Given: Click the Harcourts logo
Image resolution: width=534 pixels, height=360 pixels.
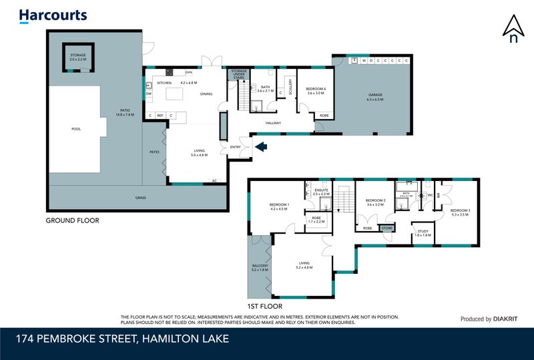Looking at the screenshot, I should point(53,15).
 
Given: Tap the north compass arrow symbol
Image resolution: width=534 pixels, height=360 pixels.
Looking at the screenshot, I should point(513,29).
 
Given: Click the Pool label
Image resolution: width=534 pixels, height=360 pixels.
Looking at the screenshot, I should point(75,129).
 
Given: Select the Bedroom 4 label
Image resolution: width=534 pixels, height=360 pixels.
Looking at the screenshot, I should point(315,91).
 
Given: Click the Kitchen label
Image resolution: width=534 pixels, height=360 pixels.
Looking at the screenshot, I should point(164,82).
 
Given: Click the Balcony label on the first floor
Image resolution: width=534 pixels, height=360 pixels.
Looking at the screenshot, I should point(260,266).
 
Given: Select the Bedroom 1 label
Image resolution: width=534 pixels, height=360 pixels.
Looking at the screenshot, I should point(278,206).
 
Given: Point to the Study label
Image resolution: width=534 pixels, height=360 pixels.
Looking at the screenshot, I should point(423,232).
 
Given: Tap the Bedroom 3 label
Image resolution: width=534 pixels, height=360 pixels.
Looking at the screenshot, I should point(461,212).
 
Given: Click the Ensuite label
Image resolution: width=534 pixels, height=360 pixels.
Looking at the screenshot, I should point(322,191).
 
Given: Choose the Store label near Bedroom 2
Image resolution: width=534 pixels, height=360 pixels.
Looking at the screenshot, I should point(387,228).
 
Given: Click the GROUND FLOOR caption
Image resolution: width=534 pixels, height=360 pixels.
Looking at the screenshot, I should point(72,220).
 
